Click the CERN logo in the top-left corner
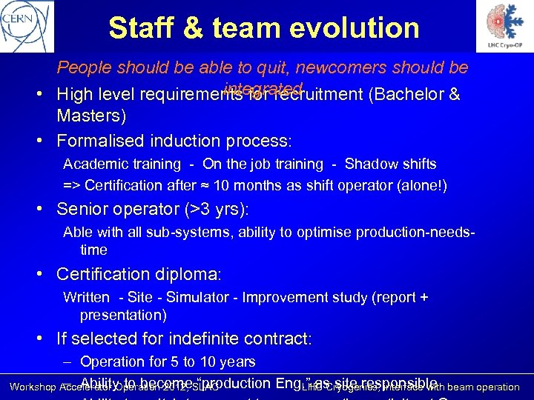[27, 26]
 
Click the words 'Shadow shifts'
[390, 164]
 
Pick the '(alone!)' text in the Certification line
[421, 184]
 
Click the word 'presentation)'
[123, 315]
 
